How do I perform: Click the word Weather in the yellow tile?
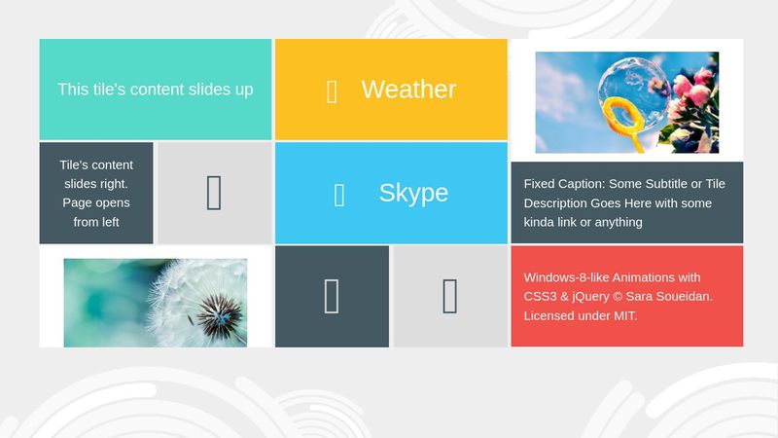coord(408,90)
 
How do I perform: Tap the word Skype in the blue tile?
coord(413,193)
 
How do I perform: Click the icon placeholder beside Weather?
coord(332,91)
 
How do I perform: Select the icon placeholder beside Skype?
coord(339,195)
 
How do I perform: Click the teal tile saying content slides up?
coord(156,90)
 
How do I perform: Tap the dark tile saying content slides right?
coord(96,193)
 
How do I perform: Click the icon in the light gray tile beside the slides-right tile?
coord(214,193)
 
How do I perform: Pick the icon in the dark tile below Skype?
coord(332,296)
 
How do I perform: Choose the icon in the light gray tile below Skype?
coord(449,296)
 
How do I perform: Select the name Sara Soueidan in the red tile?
coord(671,297)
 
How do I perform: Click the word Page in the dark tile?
coord(78,202)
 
